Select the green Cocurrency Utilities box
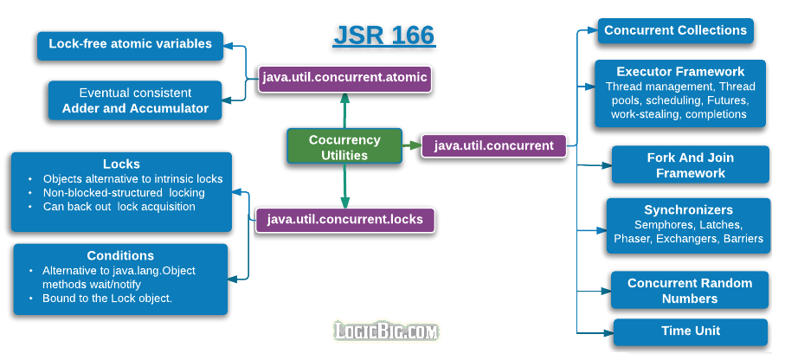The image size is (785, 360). pyautogui.click(x=344, y=147)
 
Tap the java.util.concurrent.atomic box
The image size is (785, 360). pyautogui.click(x=344, y=77)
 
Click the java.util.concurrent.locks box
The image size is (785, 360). pyautogui.click(x=344, y=219)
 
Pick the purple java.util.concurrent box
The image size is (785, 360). pyautogui.click(x=493, y=145)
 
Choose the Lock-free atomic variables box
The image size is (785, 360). pyautogui.click(x=130, y=44)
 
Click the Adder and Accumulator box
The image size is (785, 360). pyautogui.click(x=135, y=100)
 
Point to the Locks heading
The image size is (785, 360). pyautogui.click(x=121, y=164)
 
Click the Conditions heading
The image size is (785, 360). pyautogui.click(x=120, y=255)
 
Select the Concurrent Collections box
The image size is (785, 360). pyautogui.click(x=675, y=30)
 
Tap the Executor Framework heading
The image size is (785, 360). pyautogui.click(x=680, y=72)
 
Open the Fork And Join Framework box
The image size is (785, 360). pyautogui.click(x=690, y=165)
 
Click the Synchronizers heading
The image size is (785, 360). pyautogui.click(x=688, y=209)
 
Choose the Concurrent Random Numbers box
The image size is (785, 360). pyautogui.click(x=690, y=291)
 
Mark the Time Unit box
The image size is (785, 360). pyautogui.click(x=690, y=331)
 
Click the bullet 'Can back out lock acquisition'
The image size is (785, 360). pyautogui.click(x=119, y=207)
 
